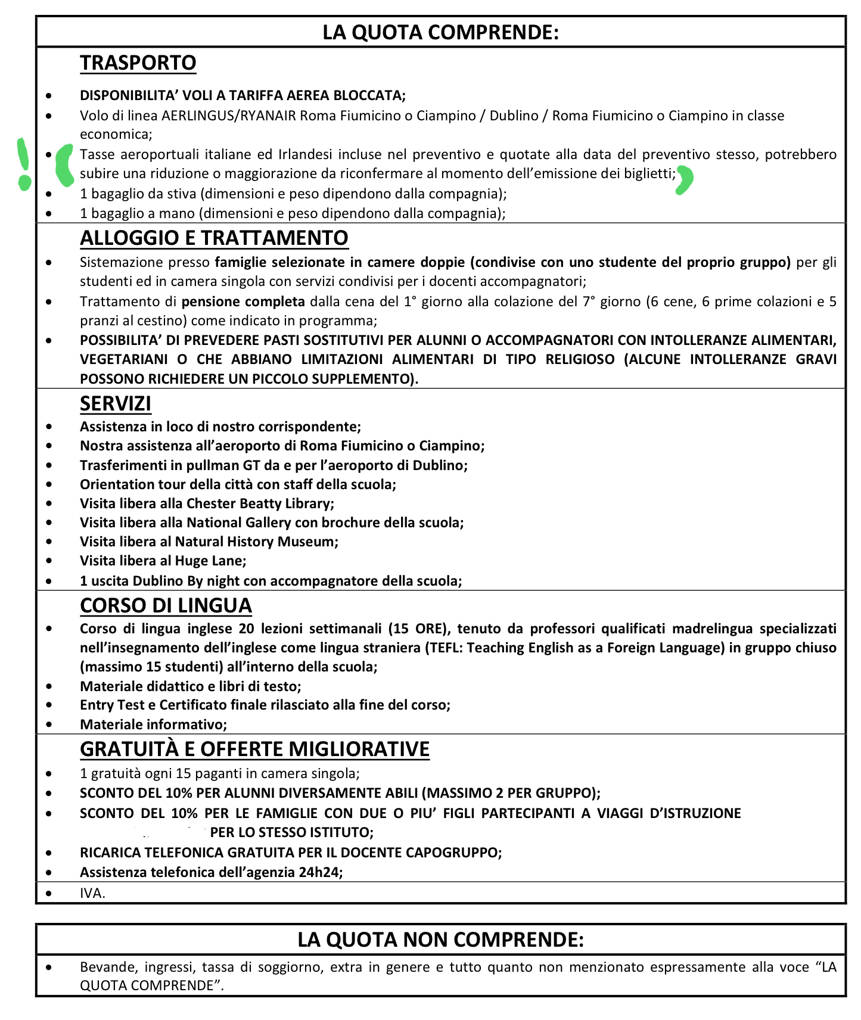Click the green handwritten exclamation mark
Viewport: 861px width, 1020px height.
tap(23, 163)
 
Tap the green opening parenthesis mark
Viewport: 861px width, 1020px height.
tap(63, 164)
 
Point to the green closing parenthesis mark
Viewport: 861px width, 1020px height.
tap(684, 180)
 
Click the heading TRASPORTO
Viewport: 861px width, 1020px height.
tap(138, 63)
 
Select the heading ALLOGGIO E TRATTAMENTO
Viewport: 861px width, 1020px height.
tap(214, 238)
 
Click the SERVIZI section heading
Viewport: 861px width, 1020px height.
tap(116, 403)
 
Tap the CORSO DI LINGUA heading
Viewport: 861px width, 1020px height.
tap(166, 605)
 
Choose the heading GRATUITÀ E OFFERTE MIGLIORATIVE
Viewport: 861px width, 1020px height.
tap(254, 749)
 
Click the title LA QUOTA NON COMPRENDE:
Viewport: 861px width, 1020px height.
tap(440, 940)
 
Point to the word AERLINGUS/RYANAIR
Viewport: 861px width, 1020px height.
tap(229, 116)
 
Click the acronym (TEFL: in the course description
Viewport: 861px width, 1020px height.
tap(443, 648)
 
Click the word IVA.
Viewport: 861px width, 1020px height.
tap(92, 893)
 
